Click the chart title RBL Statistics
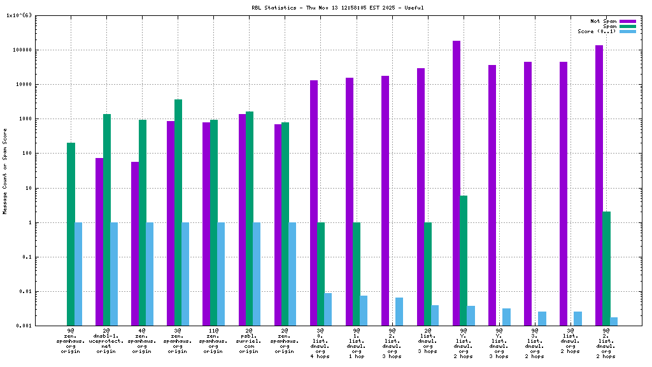pos(337,8)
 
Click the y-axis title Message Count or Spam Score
pos(5,171)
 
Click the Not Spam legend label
pos(604,21)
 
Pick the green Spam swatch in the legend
pos(628,26)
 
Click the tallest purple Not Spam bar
pos(457,183)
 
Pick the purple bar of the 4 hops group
pos(314,203)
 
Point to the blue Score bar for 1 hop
pos(364,310)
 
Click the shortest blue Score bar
pos(614,321)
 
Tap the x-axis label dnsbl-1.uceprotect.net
pos(106,341)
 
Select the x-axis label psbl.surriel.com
pos(249,341)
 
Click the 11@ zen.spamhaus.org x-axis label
pos(213,341)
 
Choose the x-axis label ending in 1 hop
pos(356,341)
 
